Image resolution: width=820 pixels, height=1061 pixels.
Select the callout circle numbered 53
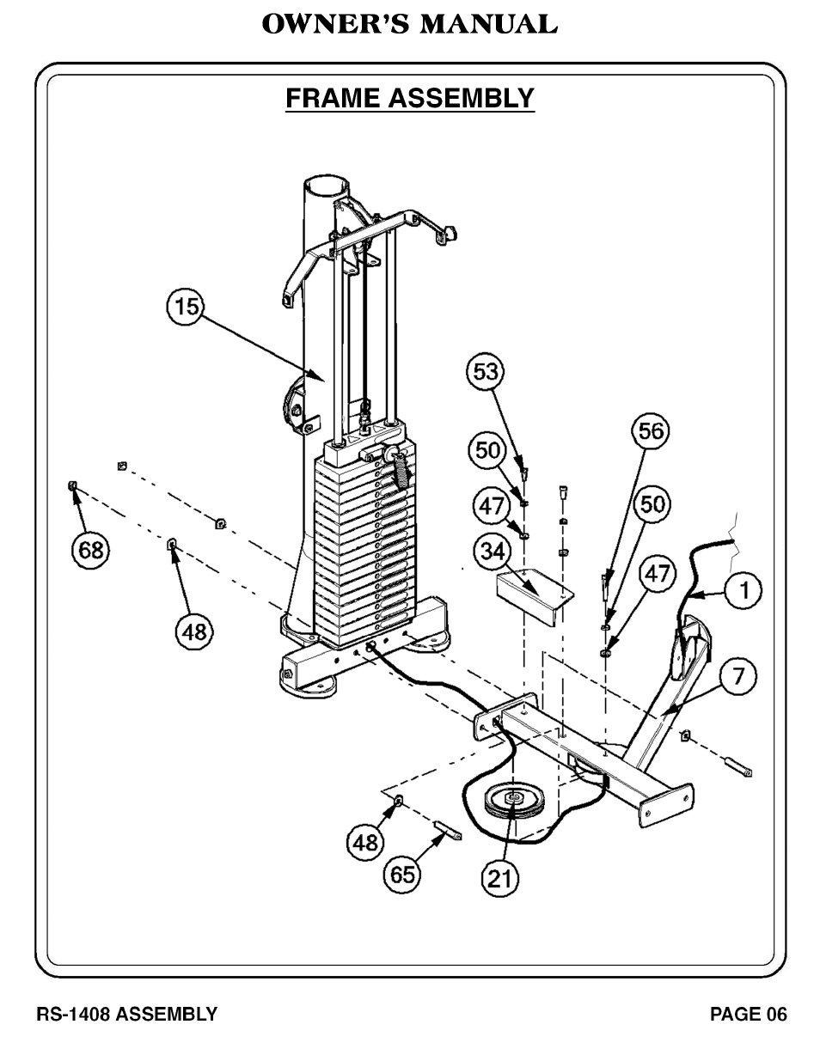click(486, 372)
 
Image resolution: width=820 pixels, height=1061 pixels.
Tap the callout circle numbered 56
click(652, 431)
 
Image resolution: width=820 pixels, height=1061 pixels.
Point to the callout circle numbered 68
click(91, 550)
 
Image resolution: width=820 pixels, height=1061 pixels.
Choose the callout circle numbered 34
click(493, 552)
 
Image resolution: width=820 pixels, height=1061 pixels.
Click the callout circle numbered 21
click(500, 879)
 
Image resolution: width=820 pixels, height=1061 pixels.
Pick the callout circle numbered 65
click(402, 874)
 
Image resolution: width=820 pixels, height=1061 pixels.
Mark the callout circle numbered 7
click(737, 676)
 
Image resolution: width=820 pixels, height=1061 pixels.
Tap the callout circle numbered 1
click(743, 590)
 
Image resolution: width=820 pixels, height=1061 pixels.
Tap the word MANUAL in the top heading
click(488, 24)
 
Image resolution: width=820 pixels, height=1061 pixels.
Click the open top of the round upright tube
click(327, 186)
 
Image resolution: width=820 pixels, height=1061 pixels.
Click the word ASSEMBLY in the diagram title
click(461, 98)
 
